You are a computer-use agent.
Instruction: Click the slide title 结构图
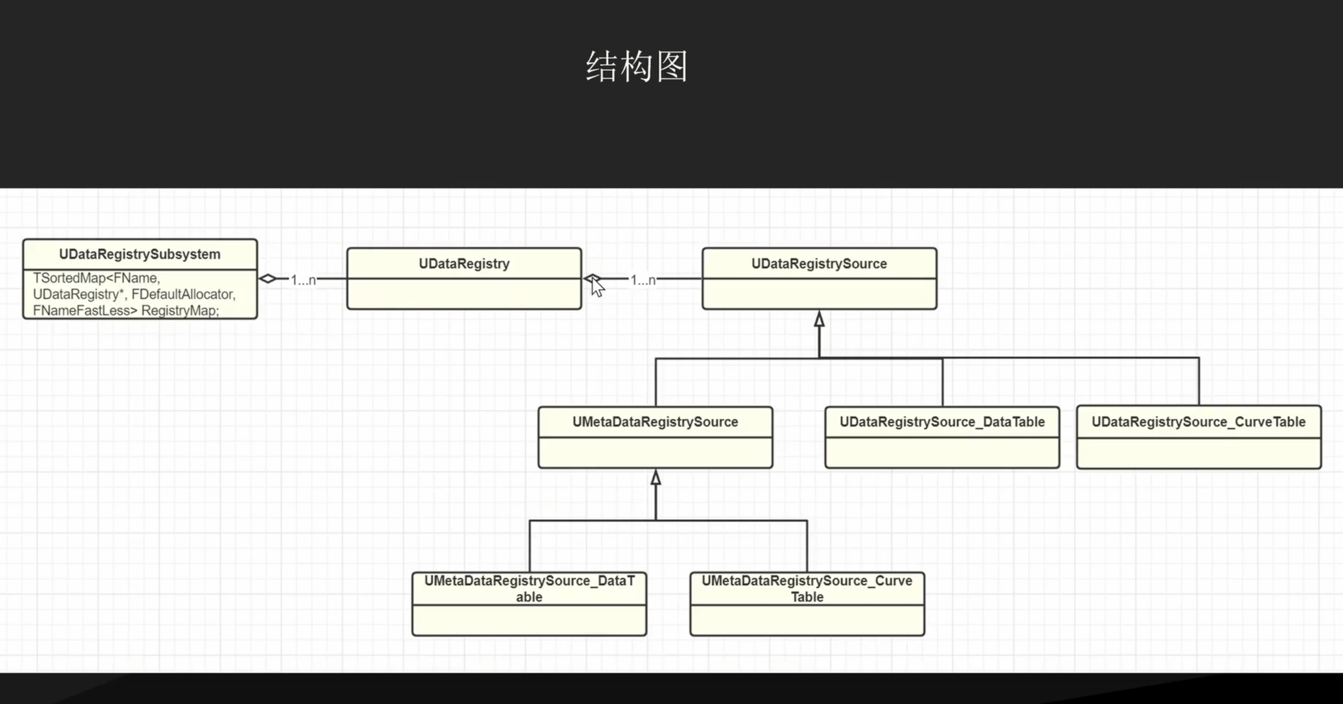[x=637, y=67]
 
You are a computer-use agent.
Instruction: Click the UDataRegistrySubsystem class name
[x=139, y=255]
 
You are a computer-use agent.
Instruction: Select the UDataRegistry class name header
[x=464, y=264]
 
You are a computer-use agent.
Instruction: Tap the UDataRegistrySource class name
[x=819, y=264]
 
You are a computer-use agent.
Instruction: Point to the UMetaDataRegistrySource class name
[x=655, y=422]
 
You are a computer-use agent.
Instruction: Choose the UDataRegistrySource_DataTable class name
[x=942, y=422]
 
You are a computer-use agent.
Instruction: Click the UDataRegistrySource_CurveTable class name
[x=1198, y=422]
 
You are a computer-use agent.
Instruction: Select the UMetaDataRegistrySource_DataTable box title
[x=529, y=588]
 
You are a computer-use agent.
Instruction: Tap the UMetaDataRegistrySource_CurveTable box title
[x=807, y=588]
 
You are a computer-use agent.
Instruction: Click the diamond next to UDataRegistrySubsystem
[x=268, y=279]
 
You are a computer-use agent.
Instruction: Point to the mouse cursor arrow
[x=596, y=287]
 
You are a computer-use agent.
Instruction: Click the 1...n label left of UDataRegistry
[x=303, y=280]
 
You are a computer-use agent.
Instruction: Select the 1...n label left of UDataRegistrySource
[x=643, y=280]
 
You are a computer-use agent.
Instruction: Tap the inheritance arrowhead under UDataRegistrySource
[x=819, y=319]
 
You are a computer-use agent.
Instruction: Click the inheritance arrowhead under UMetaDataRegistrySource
[x=655, y=478]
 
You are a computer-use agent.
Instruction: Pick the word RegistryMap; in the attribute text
[x=180, y=311]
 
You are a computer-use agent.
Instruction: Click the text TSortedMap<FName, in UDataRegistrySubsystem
[x=96, y=278]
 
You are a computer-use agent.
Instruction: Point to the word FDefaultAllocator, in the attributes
[x=183, y=295]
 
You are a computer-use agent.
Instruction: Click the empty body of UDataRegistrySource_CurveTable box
[x=1198, y=453]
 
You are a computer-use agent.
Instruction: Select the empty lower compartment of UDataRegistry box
[x=464, y=294]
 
